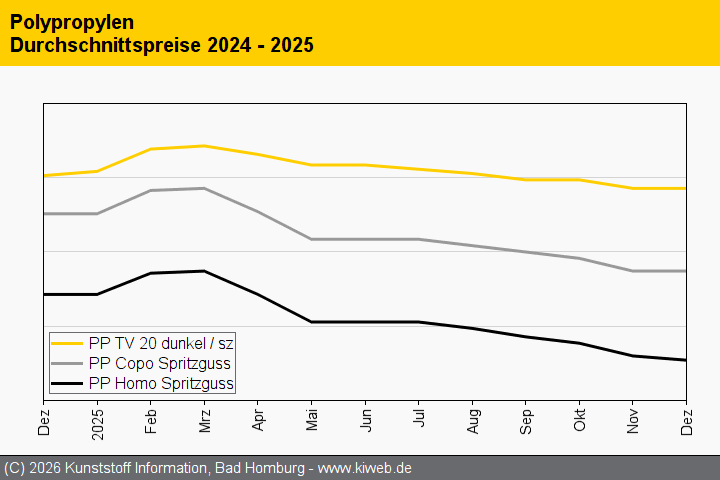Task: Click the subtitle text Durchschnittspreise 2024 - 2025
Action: point(161,45)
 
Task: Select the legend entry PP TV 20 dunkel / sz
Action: point(161,343)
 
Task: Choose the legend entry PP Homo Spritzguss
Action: point(161,383)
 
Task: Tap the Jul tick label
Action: point(419,422)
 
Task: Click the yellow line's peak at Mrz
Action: point(204,146)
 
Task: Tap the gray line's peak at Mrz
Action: point(204,188)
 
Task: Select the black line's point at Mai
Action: point(311,322)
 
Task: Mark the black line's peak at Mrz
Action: point(204,271)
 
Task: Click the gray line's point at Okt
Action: point(579,258)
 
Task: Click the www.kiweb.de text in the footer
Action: point(365,468)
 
